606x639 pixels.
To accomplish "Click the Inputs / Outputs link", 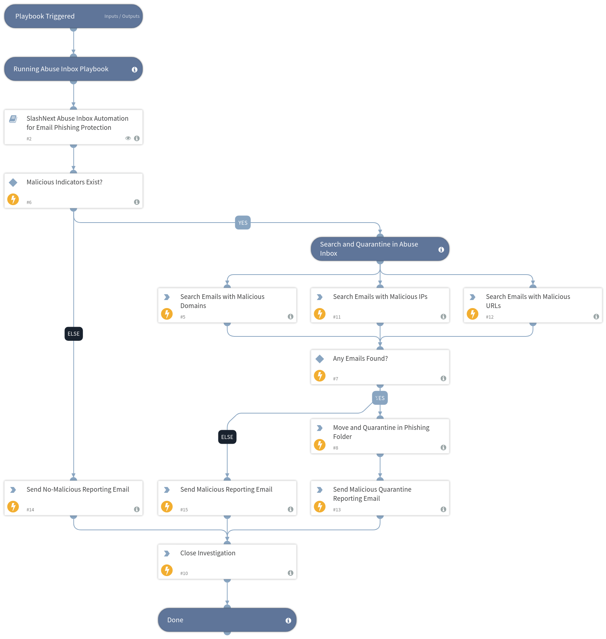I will [x=122, y=16].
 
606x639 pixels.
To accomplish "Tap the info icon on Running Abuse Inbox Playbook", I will [x=135, y=69].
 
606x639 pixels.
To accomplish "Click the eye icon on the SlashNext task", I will [x=128, y=138].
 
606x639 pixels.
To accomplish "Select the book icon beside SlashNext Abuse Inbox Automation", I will [x=13, y=119].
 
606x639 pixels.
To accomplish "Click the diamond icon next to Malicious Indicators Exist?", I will [x=13, y=182].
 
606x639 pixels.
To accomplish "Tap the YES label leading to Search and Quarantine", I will [x=243, y=223].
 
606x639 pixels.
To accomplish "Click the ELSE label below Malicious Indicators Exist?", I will [x=74, y=334].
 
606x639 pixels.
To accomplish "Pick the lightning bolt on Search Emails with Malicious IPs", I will [x=320, y=313].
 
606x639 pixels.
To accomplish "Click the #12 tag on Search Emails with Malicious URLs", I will [x=490, y=317].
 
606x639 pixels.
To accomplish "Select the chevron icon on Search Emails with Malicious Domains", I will [x=167, y=297].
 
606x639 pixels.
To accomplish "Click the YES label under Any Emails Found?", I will [x=380, y=398].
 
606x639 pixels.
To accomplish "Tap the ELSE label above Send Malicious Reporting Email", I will [x=227, y=437].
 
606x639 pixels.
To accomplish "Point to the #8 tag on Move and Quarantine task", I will [x=336, y=448].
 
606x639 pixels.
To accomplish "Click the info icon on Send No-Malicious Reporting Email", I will [x=137, y=509].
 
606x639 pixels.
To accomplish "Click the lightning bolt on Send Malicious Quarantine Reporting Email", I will [x=320, y=506].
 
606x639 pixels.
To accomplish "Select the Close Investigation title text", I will [x=207, y=553].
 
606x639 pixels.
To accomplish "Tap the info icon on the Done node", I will [x=288, y=620].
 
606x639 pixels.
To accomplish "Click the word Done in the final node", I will [x=175, y=620].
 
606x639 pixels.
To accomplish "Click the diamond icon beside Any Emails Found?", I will [x=320, y=359].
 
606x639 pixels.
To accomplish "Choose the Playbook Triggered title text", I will [x=45, y=16].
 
